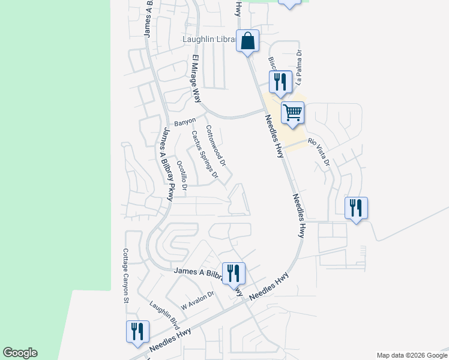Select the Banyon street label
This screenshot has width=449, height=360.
pyautogui.click(x=185, y=122)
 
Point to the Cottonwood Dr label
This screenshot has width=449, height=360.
pyautogui.click(x=215, y=146)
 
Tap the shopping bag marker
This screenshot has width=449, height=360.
pyautogui.click(x=247, y=41)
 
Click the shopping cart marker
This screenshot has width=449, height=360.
pyautogui.click(x=292, y=112)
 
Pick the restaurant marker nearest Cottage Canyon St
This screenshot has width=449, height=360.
pyautogui.click(x=138, y=331)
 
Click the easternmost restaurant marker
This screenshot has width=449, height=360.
pyautogui.click(x=356, y=208)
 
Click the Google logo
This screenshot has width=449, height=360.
pyautogui.click(x=20, y=353)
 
